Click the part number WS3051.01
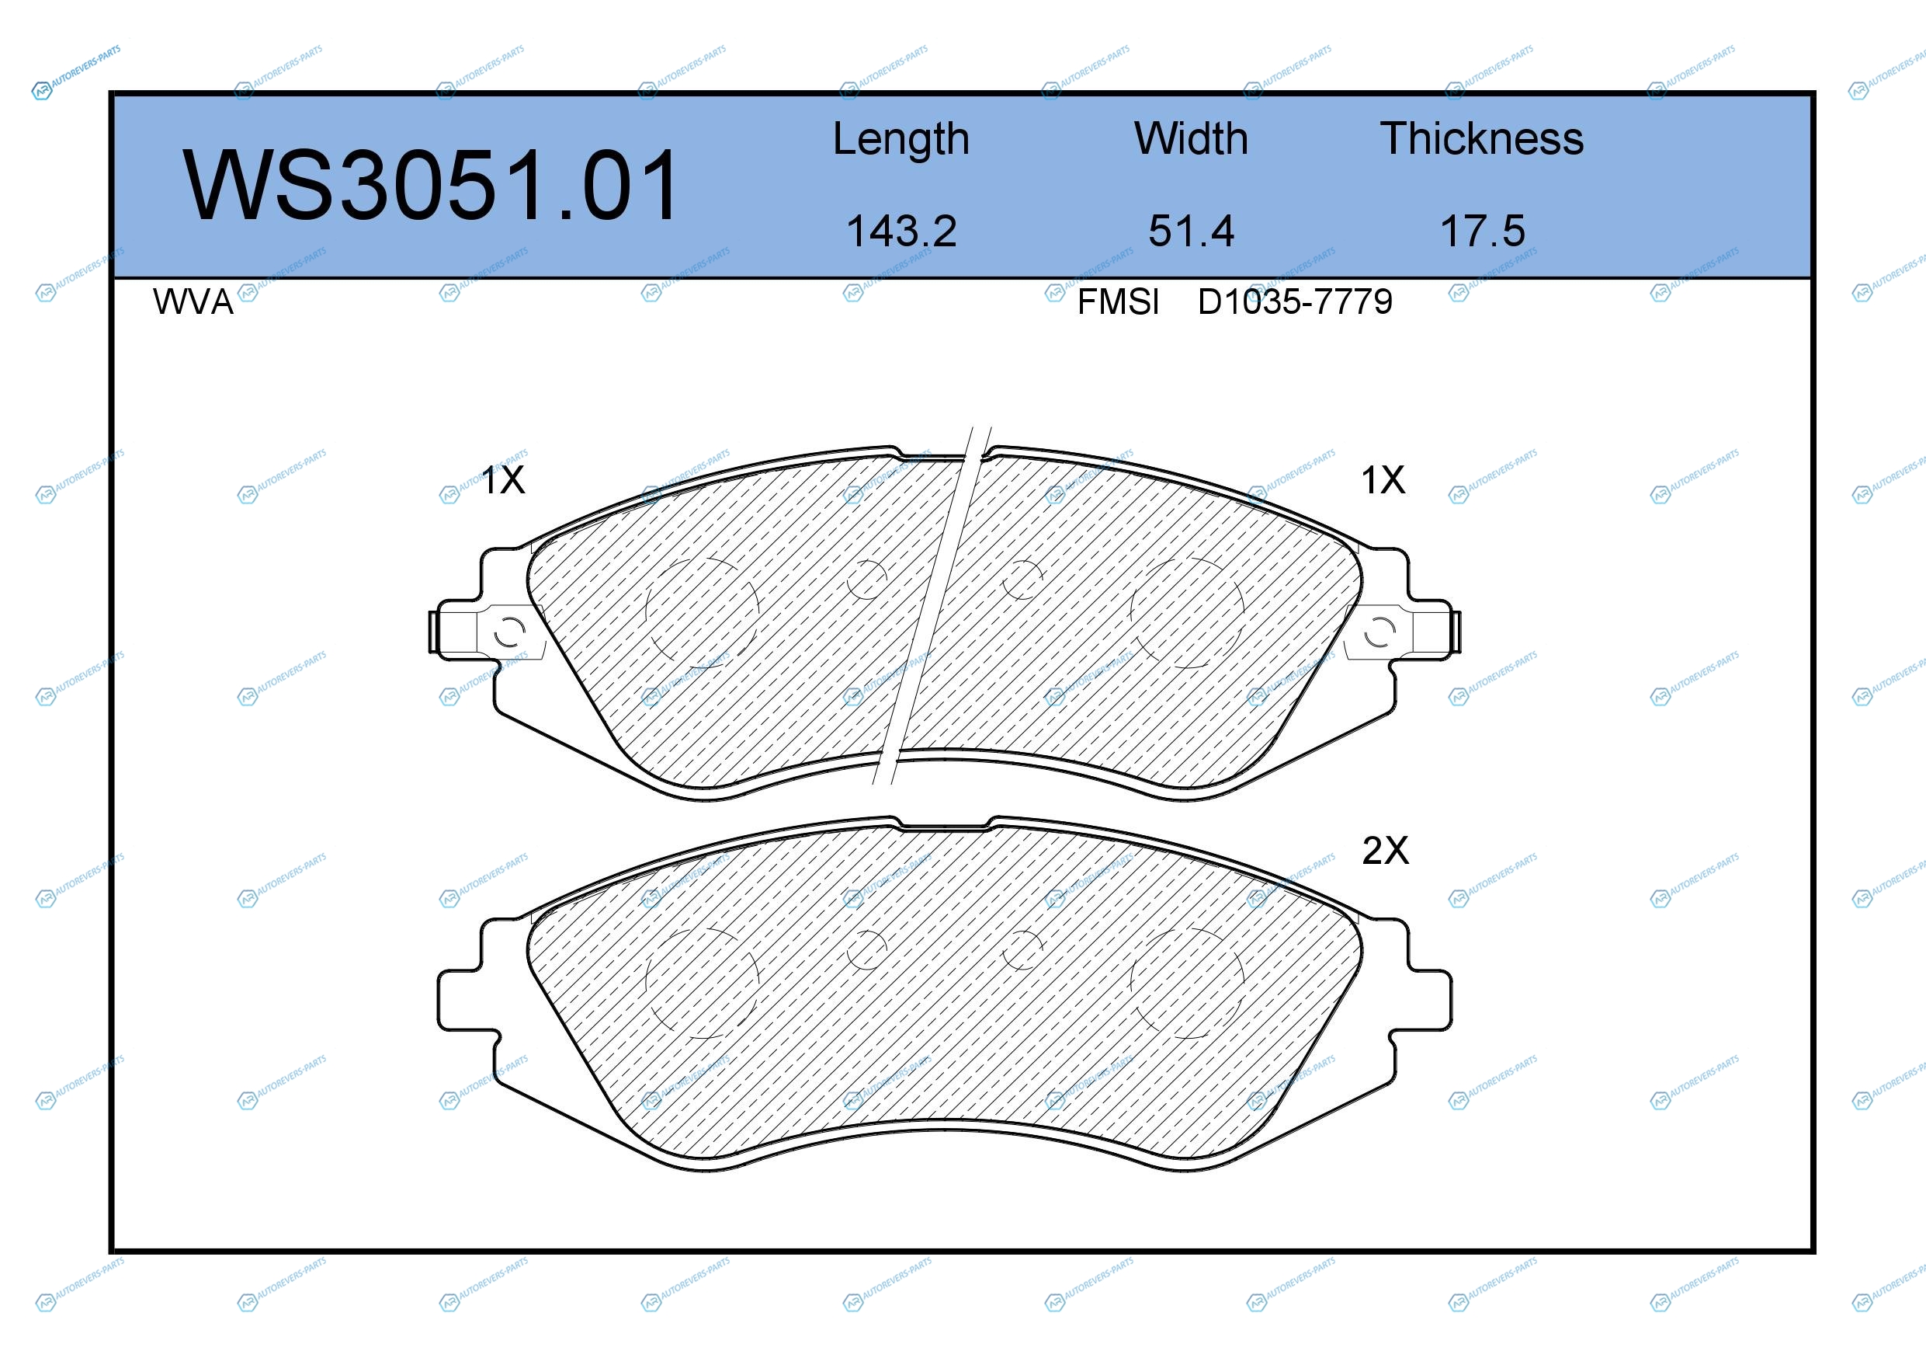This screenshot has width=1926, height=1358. point(431,185)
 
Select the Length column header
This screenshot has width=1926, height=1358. point(901,138)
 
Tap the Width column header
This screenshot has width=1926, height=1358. point(1191,138)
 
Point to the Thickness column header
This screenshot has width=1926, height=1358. point(1482,138)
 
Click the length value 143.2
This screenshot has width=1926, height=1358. point(902,231)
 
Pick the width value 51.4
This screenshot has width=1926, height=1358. point(1191,231)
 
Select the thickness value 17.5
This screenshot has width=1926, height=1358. point(1482,231)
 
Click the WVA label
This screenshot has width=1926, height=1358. point(193,302)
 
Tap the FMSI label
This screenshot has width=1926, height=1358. point(1118,302)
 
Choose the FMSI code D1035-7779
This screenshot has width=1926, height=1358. point(1295,302)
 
